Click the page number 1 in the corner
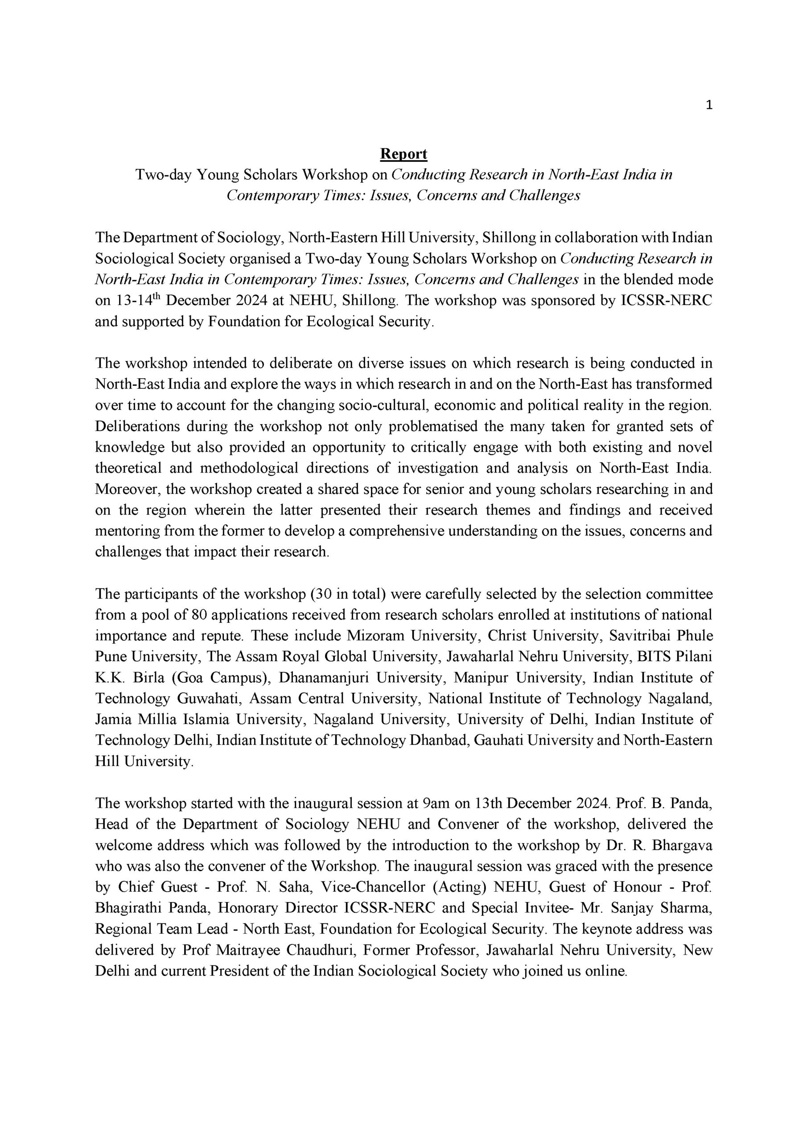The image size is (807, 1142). coord(709,105)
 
